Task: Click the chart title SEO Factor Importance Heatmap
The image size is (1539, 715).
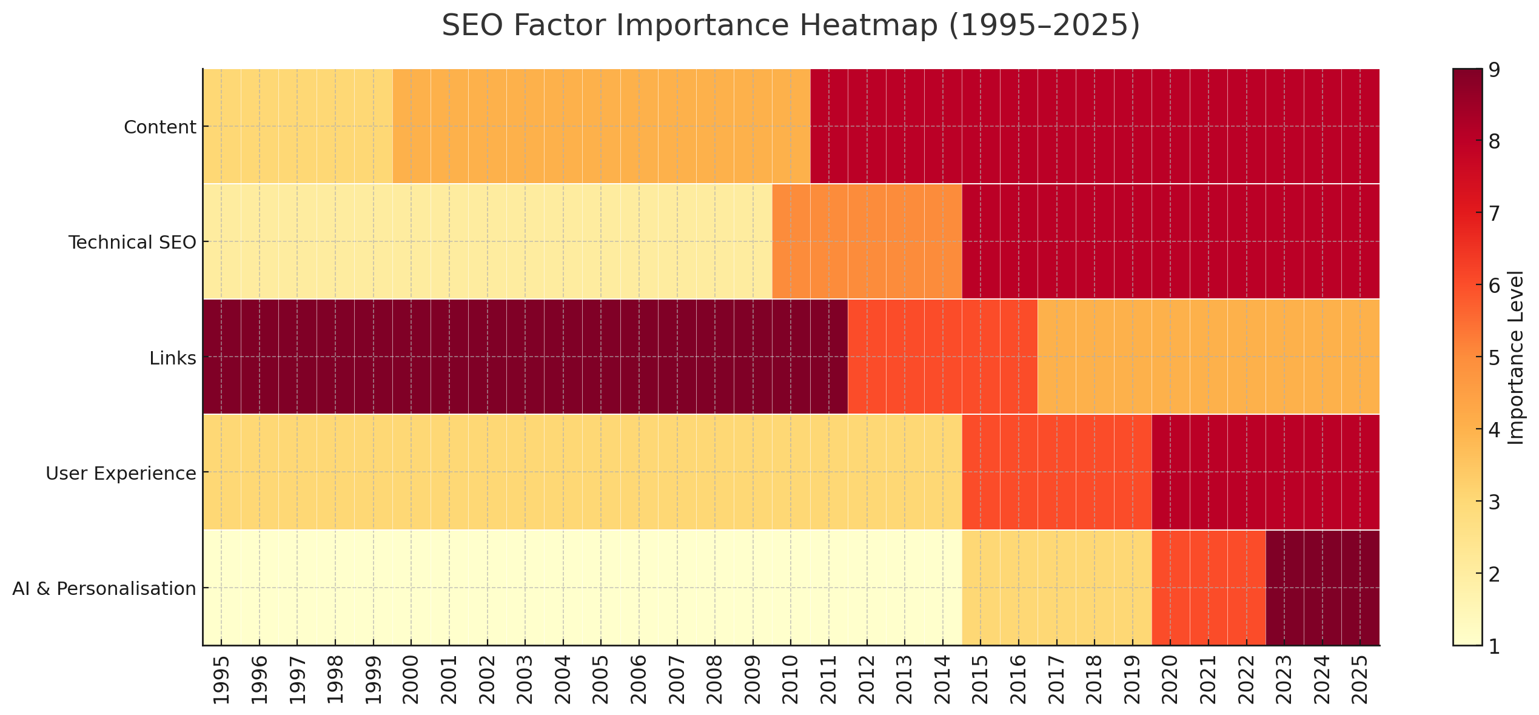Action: point(790,26)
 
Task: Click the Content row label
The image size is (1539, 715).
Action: point(160,127)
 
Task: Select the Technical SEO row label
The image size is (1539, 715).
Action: point(132,243)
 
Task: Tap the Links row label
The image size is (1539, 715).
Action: point(173,358)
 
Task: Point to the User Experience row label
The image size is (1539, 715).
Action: point(121,474)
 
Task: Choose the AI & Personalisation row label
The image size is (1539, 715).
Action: point(104,589)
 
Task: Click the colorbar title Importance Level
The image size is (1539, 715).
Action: point(1516,358)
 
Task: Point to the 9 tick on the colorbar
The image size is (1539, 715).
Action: point(1495,70)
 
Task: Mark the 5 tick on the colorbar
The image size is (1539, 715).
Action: point(1495,358)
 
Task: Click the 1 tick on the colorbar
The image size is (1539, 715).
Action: point(1495,646)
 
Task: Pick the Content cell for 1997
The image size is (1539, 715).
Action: point(297,126)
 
